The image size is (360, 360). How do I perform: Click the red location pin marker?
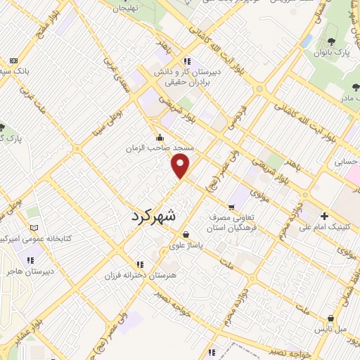[181, 166]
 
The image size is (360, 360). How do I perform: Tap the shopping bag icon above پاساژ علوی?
[185, 235]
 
